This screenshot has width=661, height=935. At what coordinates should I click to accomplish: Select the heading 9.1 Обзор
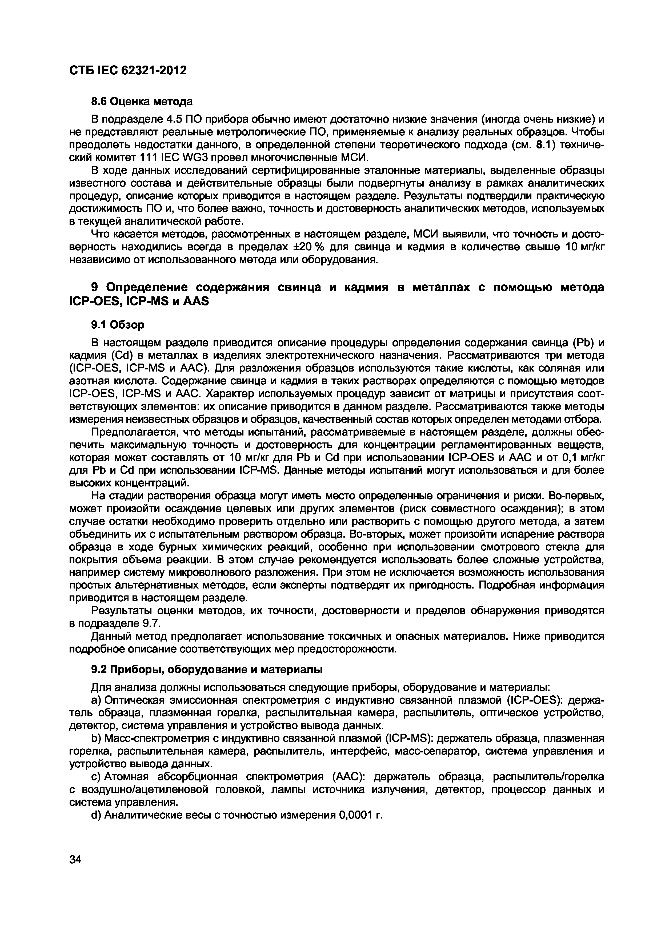(118, 325)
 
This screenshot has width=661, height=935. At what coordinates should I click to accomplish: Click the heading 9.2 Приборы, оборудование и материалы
(206, 670)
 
